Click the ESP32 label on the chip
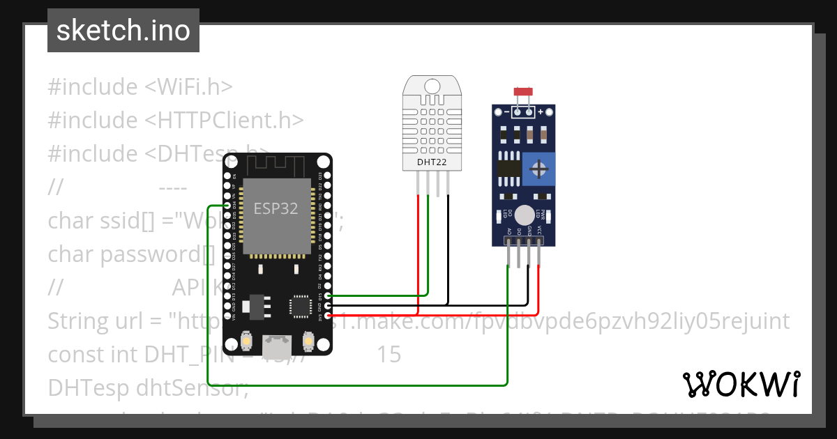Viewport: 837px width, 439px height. [x=276, y=209]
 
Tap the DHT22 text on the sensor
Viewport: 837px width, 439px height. [x=432, y=162]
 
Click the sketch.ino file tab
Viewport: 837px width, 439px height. [x=123, y=31]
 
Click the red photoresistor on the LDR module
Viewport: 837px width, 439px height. [x=522, y=91]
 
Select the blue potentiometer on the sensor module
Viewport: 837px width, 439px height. [x=538, y=169]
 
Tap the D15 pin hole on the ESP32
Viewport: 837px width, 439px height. [x=329, y=295]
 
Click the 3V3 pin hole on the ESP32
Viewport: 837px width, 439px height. [x=329, y=315]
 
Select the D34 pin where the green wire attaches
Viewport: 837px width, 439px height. [x=228, y=206]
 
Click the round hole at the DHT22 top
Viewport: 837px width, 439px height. [x=432, y=86]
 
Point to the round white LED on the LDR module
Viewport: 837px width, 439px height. [x=525, y=215]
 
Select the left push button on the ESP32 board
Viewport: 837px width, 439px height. [x=246, y=341]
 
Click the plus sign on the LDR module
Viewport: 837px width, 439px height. [x=541, y=111]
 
